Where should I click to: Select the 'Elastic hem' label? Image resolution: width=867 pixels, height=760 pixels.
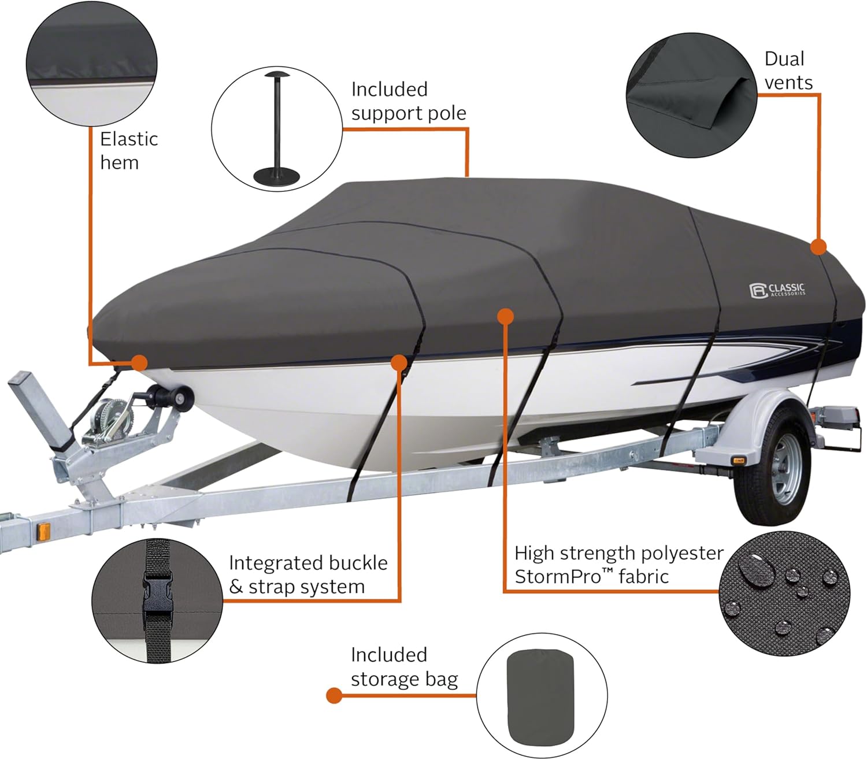(128, 151)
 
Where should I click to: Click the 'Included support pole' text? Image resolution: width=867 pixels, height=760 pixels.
(408, 101)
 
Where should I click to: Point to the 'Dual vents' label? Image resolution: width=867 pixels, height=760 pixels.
(788, 71)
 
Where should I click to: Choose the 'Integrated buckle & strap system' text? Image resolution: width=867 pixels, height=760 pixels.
(307, 574)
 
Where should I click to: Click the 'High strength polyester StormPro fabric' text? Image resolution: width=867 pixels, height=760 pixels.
(618, 565)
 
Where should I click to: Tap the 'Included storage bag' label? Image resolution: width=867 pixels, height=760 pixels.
(403, 667)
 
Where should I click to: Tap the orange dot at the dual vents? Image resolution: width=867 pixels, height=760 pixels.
(818, 247)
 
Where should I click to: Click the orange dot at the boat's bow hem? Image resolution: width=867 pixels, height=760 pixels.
(139, 362)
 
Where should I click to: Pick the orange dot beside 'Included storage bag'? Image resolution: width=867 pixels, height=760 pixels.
(334, 695)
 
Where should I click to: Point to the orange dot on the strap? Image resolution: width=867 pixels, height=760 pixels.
(399, 362)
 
